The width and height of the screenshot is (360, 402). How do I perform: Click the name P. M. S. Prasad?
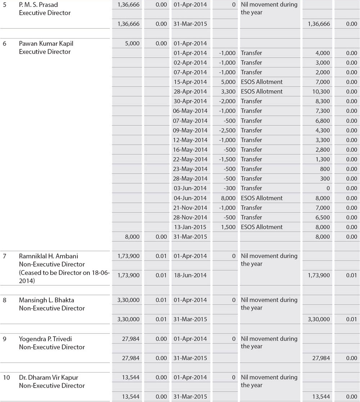coord(38,5)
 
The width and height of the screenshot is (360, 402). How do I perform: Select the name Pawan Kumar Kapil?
coord(46,44)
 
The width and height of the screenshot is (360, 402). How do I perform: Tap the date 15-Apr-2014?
coord(190,82)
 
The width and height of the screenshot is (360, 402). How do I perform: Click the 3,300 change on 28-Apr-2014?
coord(229,91)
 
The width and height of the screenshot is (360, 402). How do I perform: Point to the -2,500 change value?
coord(227,130)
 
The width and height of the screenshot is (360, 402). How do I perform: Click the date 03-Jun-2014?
coord(190,188)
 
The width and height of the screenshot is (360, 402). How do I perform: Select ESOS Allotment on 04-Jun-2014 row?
coord(262,198)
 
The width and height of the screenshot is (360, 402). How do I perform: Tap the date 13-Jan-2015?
coord(190,227)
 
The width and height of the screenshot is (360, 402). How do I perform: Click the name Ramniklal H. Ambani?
coord(49,256)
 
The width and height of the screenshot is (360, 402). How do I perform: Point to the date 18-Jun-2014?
coord(190,275)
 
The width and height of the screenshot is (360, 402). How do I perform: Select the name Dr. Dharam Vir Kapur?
coord(49,378)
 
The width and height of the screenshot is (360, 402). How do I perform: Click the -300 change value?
coord(229,188)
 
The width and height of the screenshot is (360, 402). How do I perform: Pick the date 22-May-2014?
coord(190,159)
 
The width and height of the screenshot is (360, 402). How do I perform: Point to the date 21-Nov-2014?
coord(190,208)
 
